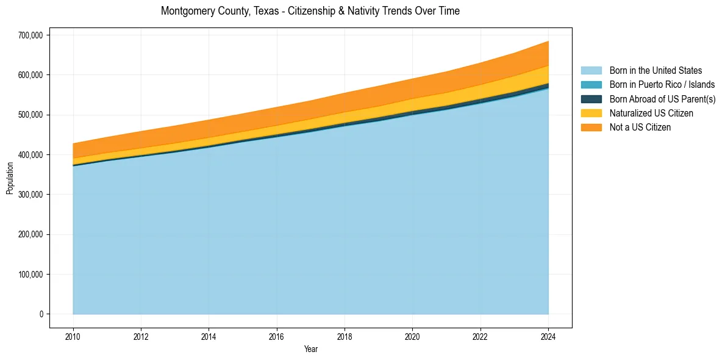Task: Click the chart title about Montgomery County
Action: (310, 11)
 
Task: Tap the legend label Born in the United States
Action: (655, 71)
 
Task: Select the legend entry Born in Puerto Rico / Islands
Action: (662, 85)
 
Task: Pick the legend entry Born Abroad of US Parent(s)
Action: (662, 99)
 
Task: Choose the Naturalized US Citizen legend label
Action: (651, 113)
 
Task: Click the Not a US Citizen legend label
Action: (640, 128)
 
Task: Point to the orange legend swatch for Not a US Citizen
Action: (591, 128)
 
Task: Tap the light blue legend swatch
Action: (591, 71)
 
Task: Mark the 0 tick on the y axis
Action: (41, 314)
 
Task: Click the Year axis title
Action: (310, 349)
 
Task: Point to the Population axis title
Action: (10, 178)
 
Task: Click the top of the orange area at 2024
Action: (548, 41)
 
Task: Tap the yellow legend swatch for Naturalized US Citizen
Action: (591, 113)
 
